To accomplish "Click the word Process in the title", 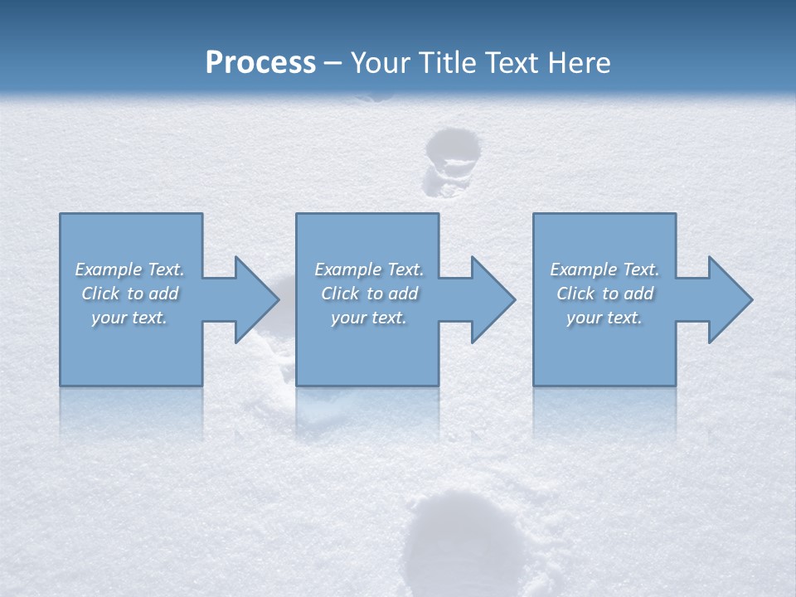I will [260, 63].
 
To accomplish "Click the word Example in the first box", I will [109, 269].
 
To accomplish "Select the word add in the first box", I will [164, 294].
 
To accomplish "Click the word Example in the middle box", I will [348, 269].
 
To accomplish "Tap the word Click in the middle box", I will [340, 294].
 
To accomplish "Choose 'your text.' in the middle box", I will [368, 318].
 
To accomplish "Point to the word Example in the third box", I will [584, 269].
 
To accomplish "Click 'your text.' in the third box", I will [604, 318].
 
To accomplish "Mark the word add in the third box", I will [639, 294].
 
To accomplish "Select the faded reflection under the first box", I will [131, 410].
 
